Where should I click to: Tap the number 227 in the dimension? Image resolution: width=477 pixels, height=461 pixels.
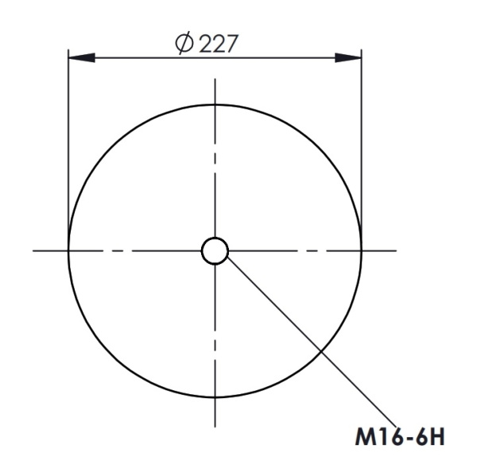coord(217,44)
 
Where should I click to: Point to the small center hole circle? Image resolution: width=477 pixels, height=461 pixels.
coord(215,251)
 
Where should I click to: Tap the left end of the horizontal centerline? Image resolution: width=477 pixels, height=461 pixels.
coord(34,251)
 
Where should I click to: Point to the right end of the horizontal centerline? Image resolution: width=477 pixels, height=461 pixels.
coord(396,251)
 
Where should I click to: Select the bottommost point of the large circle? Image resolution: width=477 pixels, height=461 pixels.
coord(215,398)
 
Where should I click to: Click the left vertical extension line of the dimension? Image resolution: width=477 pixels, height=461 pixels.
coord(68,143)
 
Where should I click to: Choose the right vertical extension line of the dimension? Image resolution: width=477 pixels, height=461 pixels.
coord(362,143)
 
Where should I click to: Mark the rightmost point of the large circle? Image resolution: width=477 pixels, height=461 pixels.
coord(362,251)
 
